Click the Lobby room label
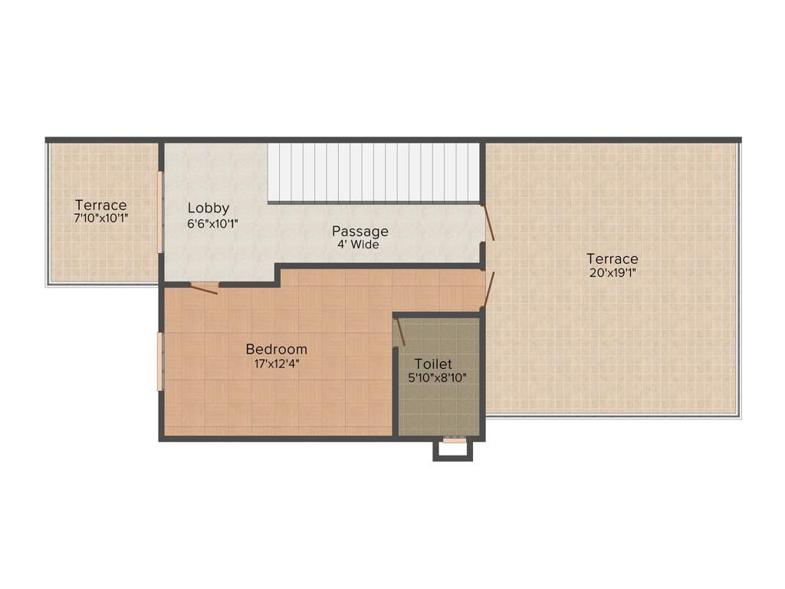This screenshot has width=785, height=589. tap(209, 208)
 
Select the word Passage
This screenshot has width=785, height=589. tap(360, 231)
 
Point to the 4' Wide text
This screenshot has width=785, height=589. tap(359, 245)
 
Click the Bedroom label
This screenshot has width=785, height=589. tap(276, 349)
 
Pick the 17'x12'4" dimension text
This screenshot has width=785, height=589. tap(276, 364)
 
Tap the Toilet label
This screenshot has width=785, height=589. tap(433, 364)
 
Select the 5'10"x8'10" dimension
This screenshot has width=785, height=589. tap(437, 377)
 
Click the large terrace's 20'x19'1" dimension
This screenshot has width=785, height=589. tap(612, 273)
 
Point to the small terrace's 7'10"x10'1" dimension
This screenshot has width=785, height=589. tap(100, 219)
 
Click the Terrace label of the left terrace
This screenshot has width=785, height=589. tap(100, 205)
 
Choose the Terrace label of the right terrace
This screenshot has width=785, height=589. tap(612, 258)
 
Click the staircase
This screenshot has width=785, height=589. tap(373, 173)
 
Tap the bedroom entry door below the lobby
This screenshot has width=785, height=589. tap(204, 288)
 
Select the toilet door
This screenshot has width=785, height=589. tap(399, 331)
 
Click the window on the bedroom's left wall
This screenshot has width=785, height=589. tap(160, 361)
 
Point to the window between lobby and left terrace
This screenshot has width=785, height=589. tap(160, 212)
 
